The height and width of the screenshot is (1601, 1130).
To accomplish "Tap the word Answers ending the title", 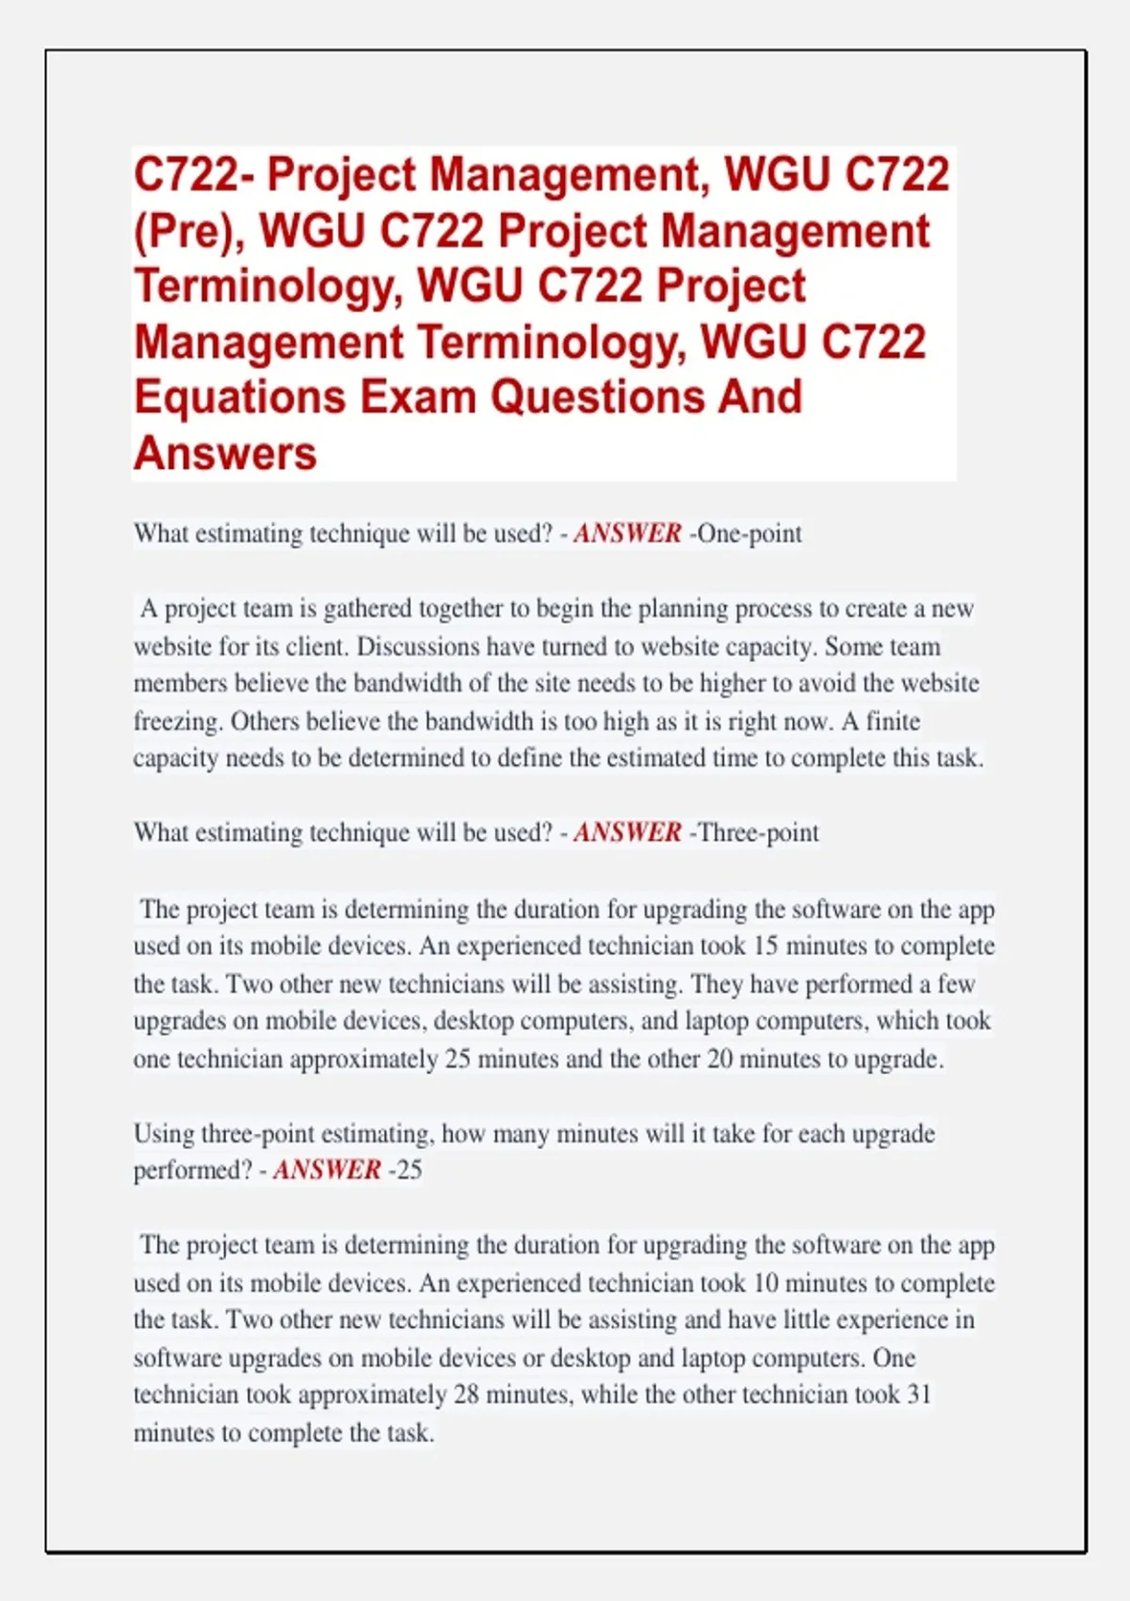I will pos(225,453).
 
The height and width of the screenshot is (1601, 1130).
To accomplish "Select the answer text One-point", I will pos(749,533).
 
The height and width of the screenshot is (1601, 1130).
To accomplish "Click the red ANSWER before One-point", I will pos(627,533).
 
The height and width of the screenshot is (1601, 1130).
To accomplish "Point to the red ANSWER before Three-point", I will pos(627,833).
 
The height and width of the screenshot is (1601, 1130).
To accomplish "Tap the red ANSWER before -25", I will pos(327,1170).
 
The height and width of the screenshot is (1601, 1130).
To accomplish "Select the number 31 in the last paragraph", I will pos(919,1395).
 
